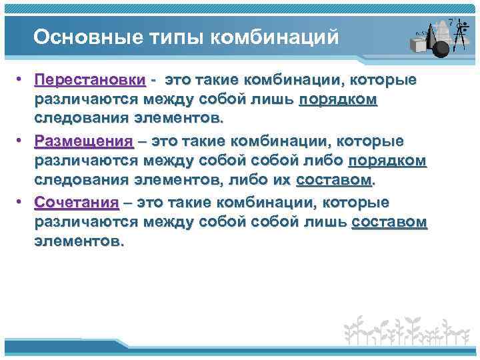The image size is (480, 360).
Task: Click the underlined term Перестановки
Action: coord(91,81)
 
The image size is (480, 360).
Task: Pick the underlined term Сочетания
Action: coord(77,203)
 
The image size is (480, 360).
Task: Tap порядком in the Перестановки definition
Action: coord(338,100)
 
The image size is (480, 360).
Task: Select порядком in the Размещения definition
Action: coord(387,161)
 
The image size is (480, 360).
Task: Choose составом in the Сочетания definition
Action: coord(389,223)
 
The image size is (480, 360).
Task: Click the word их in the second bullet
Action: coord(280,181)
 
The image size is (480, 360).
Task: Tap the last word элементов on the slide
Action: coord(77,242)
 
